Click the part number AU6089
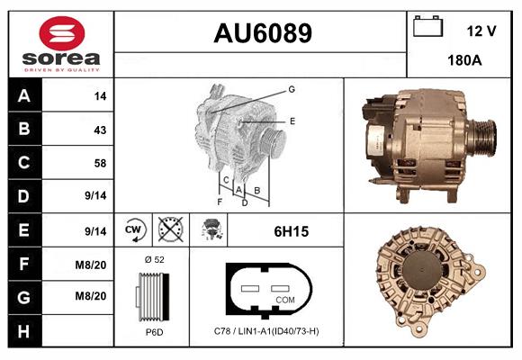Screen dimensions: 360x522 [x=262, y=33]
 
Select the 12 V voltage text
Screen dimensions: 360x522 [x=481, y=31]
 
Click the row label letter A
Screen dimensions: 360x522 [x=23, y=94]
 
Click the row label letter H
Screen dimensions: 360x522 [x=23, y=333]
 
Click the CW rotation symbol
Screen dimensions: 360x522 [x=134, y=231]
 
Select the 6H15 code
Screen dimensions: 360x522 [x=291, y=231]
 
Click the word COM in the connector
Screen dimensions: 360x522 [x=284, y=298]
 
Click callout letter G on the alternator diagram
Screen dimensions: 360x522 [x=292, y=89]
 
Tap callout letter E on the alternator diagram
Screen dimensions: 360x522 [x=292, y=120]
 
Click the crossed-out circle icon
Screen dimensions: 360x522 [x=168, y=231]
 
